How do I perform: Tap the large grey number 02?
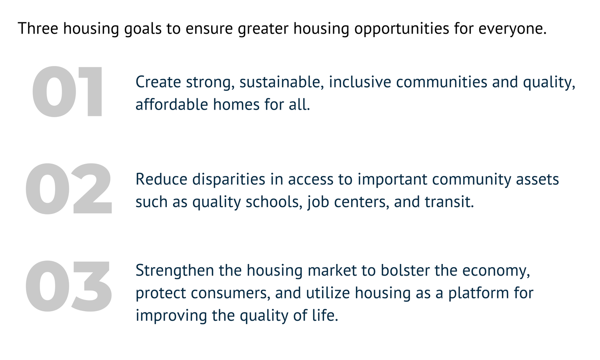click(x=69, y=189)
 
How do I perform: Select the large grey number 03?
click(x=69, y=286)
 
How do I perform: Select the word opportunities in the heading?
click(x=402, y=29)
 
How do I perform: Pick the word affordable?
click(x=172, y=105)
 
